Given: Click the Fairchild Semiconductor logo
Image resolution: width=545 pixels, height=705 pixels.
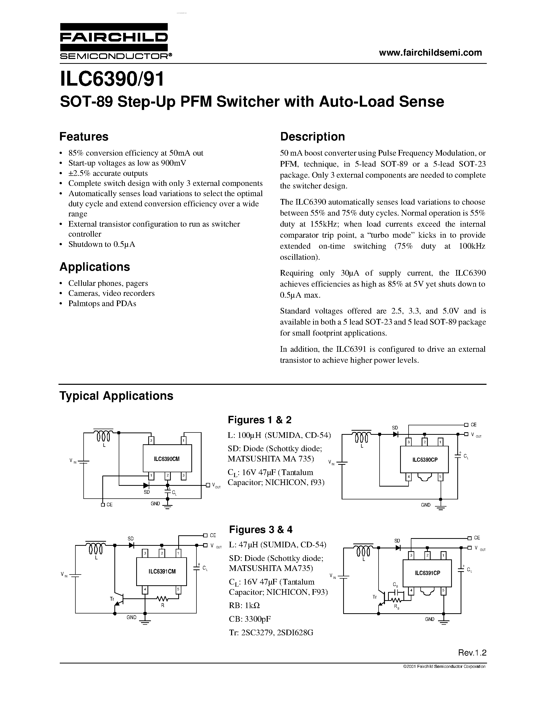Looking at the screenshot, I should pos(114,42).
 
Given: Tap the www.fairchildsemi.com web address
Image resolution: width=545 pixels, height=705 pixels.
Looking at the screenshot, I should pos(430,53).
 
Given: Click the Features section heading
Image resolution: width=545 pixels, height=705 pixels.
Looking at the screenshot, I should pos(84,137).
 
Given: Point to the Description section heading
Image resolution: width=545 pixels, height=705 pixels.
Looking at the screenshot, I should pos(312,137).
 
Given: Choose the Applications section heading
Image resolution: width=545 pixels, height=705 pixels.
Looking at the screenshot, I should pos(95,267).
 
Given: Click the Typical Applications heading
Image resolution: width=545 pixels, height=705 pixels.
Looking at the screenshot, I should pos(116,396).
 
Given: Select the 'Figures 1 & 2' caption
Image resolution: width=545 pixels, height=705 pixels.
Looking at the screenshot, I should pos(260,420).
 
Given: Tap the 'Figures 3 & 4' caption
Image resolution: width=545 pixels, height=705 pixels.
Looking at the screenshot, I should pos(261,529).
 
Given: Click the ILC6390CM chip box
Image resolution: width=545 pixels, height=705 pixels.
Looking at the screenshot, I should pos(167,458).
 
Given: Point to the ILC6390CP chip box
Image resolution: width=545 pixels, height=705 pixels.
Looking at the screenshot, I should pos(424,460).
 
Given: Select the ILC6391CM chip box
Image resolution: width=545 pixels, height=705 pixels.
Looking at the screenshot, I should pos(161,571).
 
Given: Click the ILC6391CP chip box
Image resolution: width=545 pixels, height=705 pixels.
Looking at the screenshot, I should pos(427,573).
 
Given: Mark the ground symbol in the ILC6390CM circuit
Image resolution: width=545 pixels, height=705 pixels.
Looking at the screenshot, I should pos(167,507).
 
